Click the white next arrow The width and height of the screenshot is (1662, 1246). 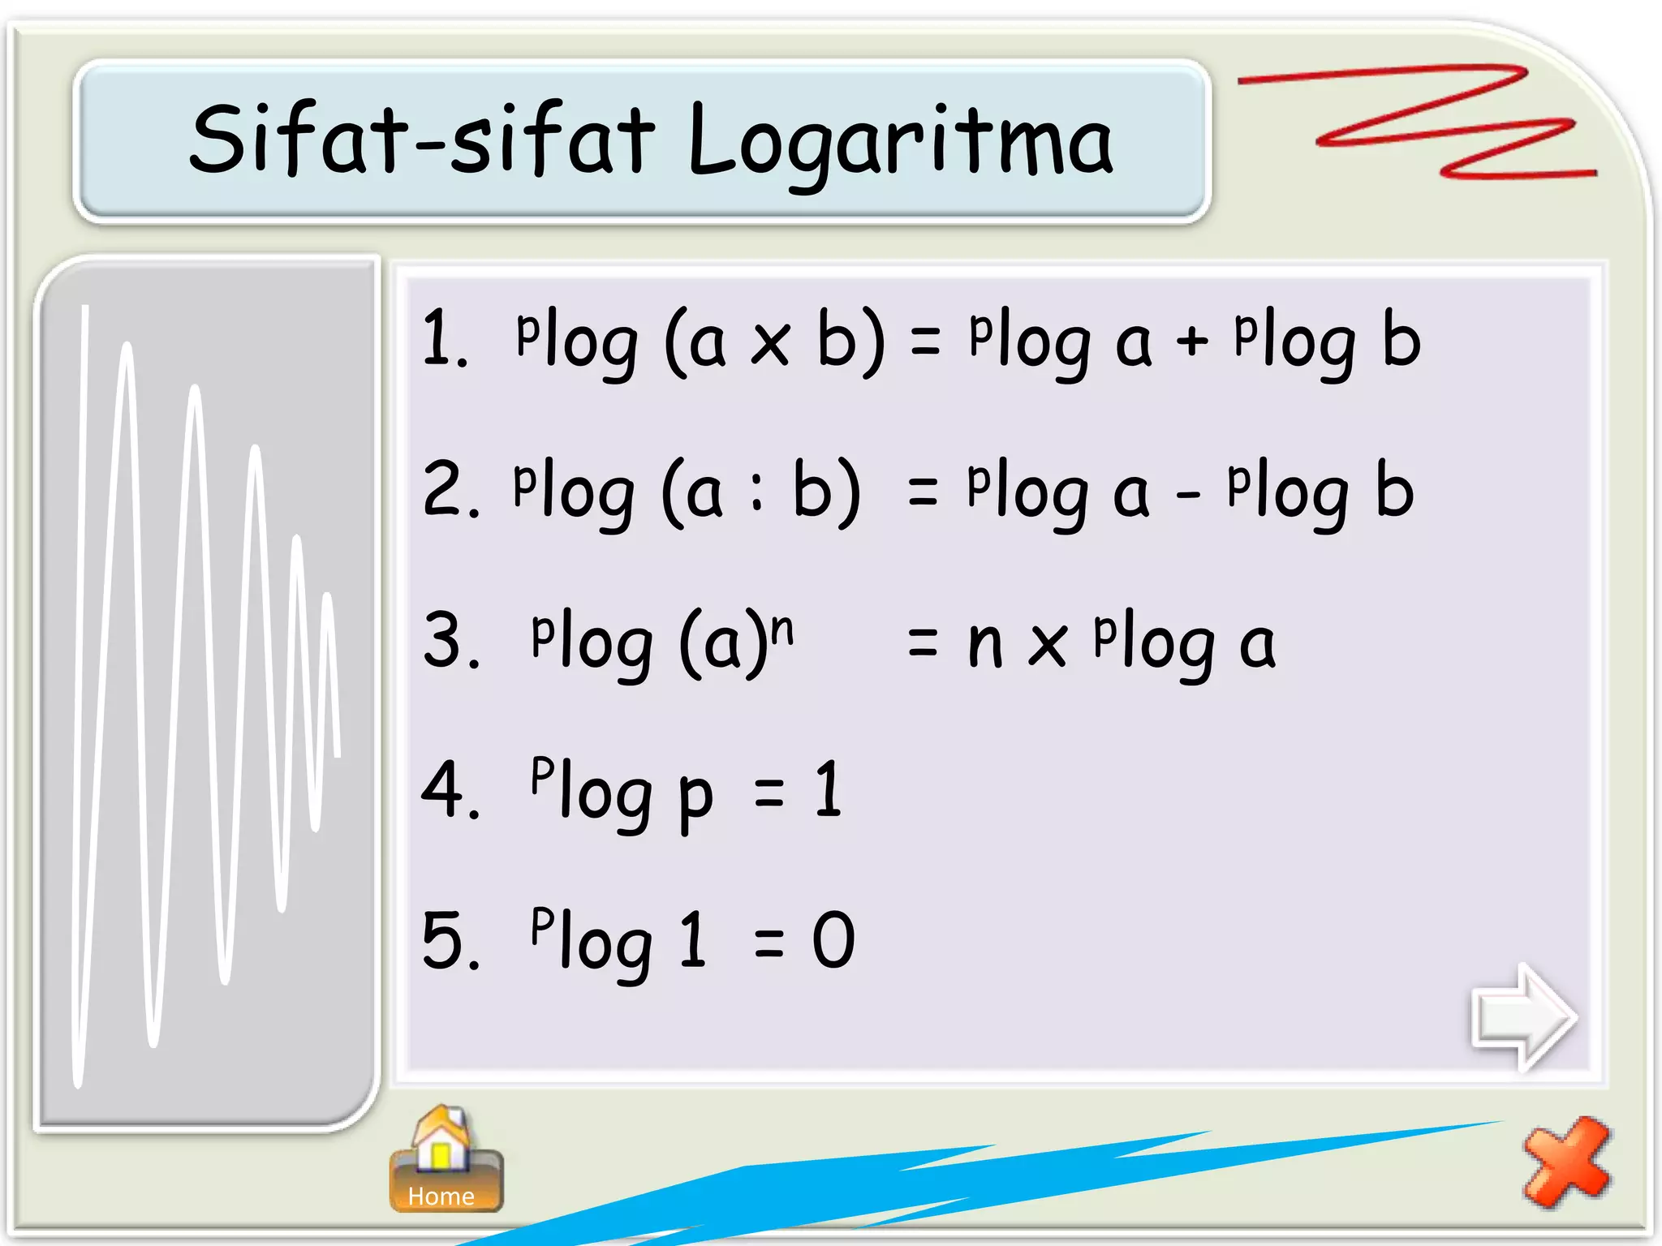(x=1523, y=1017)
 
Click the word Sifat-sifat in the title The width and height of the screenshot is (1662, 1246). (x=421, y=140)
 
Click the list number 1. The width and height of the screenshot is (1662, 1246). (x=443, y=339)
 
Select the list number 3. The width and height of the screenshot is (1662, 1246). (x=450, y=641)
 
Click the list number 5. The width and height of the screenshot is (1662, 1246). (x=450, y=940)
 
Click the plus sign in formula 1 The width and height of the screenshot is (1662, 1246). (x=1192, y=340)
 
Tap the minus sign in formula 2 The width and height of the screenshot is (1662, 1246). (x=1187, y=493)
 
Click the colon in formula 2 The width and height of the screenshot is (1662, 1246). (x=756, y=492)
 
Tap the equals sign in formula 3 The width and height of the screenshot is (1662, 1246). (x=923, y=642)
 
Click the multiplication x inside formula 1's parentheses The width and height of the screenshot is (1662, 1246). (x=769, y=343)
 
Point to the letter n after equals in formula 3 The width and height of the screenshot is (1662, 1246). (x=985, y=644)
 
